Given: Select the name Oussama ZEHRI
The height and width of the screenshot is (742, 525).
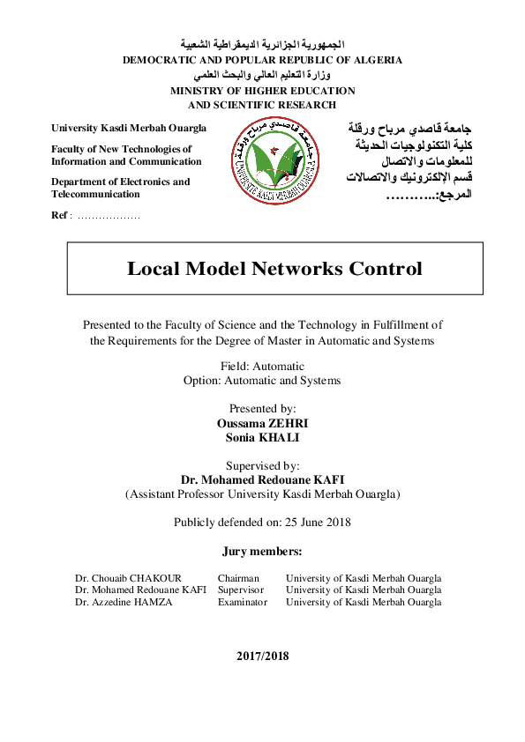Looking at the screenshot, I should tap(262, 423).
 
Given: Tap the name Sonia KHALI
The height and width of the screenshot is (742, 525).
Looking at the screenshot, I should tap(262, 437).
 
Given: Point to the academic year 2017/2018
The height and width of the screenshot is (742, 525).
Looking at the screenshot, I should tap(262, 656).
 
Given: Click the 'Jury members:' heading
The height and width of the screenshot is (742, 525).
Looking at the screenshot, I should tap(262, 552).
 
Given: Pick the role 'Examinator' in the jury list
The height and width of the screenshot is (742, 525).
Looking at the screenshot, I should tap(242, 602).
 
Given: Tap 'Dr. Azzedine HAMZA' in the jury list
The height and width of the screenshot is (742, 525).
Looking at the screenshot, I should tap(123, 602).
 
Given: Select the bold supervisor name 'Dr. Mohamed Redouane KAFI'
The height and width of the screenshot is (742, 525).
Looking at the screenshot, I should tap(262, 479).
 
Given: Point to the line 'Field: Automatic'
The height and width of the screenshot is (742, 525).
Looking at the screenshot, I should tap(262, 366).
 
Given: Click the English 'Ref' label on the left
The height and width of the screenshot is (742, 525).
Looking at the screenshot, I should tap(59, 215).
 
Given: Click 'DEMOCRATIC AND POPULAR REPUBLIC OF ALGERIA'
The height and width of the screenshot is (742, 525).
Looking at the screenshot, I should tap(262, 60).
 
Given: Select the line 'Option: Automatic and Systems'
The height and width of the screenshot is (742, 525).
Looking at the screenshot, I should tap(262, 381).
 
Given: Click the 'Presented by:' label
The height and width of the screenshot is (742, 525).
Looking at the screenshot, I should tap(262, 409).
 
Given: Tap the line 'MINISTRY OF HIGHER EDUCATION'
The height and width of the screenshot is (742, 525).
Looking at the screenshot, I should tap(262, 91).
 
